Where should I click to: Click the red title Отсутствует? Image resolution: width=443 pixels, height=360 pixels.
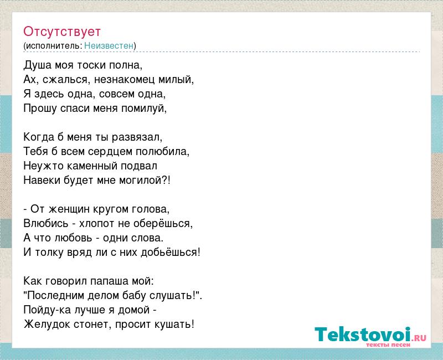click(62, 32)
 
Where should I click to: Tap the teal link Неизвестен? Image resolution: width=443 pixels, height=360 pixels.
click(109, 45)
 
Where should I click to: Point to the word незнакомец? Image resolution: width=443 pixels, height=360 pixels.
click(124, 80)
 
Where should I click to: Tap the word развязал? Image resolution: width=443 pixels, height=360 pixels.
click(136, 137)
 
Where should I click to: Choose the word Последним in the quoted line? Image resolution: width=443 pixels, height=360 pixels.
click(56, 296)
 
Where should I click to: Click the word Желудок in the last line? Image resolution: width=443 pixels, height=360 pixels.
click(47, 325)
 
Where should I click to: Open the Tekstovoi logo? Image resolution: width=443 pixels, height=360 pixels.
click(370, 335)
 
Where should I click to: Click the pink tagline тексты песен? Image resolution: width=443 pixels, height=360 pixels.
click(388, 345)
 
